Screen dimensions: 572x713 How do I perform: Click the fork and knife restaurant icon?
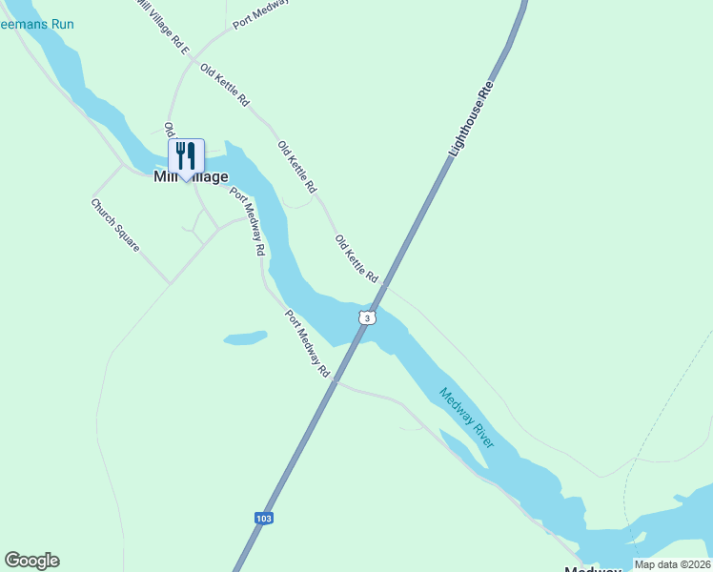(x=186, y=156)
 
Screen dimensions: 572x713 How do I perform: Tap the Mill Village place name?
(x=191, y=177)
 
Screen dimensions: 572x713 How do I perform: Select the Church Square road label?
(x=115, y=225)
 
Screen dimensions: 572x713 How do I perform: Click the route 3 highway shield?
(x=367, y=317)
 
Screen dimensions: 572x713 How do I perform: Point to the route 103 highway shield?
(x=264, y=518)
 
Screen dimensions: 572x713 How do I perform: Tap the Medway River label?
(x=467, y=418)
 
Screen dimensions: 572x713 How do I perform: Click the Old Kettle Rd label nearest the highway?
(x=356, y=257)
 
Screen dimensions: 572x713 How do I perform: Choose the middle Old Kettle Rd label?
(x=297, y=164)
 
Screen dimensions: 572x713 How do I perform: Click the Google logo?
(x=31, y=561)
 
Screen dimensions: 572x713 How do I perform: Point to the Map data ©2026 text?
(x=673, y=564)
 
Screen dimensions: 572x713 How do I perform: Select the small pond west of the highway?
(x=245, y=337)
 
